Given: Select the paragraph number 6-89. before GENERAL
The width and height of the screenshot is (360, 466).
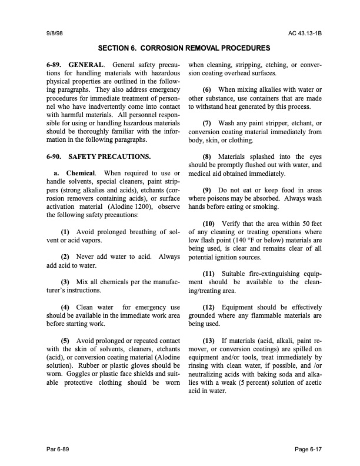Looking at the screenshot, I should click(54, 63).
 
